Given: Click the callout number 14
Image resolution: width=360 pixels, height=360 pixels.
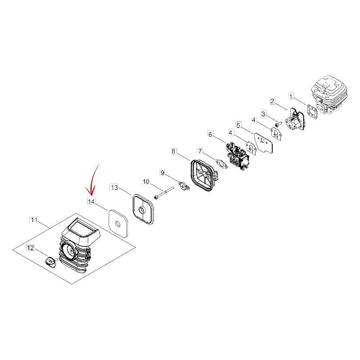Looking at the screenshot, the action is (x=91, y=202).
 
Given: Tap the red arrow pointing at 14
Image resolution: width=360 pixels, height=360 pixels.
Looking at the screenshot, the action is (x=93, y=181).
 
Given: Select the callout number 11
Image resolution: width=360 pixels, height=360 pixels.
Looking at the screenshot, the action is (x=34, y=220).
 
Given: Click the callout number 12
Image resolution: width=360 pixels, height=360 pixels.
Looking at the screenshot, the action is (x=30, y=248).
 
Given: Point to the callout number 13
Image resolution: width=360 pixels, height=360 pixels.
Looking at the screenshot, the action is (x=114, y=187).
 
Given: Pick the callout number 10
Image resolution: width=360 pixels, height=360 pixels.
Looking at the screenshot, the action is (x=146, y=182).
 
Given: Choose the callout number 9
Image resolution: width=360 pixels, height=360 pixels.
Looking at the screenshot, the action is (x=162, y=173).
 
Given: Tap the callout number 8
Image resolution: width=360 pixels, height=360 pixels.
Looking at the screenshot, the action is (x=173, y=151).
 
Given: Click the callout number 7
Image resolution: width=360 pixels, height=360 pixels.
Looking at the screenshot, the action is (x=200, y=151).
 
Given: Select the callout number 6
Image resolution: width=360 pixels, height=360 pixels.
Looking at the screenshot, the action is (x=210, y=134).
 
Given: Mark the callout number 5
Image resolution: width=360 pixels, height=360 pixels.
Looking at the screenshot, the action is (x=238, y=126).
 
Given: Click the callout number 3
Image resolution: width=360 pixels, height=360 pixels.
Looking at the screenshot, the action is (x=263, y=114).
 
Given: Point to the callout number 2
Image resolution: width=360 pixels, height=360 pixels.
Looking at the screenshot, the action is (x=272, y=101).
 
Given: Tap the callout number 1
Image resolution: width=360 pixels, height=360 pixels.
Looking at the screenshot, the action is (x=291, y=96).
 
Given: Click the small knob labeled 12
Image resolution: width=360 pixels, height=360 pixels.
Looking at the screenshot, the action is (x=51, y=262).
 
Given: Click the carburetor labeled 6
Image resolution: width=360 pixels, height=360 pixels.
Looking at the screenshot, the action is (x=238, y=156).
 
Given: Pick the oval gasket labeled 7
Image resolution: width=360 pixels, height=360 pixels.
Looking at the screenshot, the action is (x=221, y=163).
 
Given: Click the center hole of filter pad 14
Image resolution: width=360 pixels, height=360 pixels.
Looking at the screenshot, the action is (x=117, y=224).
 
